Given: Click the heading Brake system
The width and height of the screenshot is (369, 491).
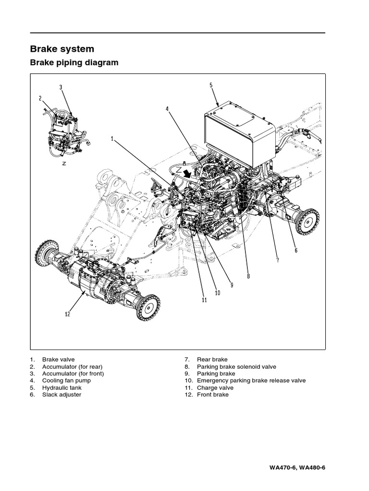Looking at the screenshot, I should coord(62,49).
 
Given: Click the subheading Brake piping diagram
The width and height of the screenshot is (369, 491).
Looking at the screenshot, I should coord(74,63).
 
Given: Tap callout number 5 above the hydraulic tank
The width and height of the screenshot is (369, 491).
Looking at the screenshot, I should coord(211,85).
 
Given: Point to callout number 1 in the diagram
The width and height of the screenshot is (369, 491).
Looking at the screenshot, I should coord(112,139).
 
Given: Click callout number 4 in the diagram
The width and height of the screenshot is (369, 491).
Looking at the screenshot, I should coord(168,109).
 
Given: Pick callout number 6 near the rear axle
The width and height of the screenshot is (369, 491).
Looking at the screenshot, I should coord(296,250).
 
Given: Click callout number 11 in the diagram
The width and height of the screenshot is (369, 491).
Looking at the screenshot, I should coord(204,300).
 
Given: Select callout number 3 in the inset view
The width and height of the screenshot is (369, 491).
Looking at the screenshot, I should coord(61,87).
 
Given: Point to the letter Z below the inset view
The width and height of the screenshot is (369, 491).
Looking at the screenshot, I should coord(64,163).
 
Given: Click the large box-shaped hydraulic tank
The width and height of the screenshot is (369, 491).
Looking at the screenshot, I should coord(239,131).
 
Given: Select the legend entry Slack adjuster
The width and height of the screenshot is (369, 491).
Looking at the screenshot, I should coord(61,395).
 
